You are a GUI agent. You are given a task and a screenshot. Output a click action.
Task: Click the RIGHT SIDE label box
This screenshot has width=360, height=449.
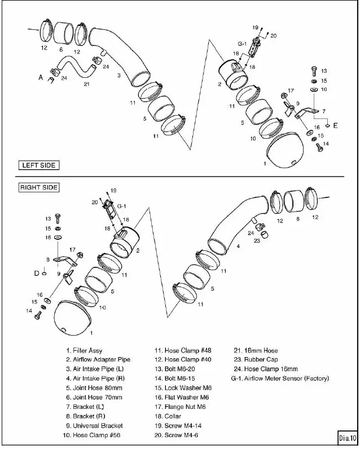[x=39, y=187]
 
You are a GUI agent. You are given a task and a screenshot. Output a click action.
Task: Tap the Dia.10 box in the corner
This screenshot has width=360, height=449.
[x=347, y=437]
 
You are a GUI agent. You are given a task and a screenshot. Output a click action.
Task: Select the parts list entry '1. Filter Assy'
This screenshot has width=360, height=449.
[x=84, y=350]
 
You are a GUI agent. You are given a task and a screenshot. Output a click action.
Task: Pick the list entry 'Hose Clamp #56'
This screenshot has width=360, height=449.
[x=93, y=435]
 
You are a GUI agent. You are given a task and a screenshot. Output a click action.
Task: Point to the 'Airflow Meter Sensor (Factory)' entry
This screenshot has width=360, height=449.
[x=280, y=378]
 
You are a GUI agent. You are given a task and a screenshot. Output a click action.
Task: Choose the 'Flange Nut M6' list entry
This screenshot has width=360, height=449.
[x=181, y=407]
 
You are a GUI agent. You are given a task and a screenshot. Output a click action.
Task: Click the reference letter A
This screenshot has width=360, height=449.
[x=41, y=78]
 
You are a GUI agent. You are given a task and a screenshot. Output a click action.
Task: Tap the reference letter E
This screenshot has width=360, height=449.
[x=336, y=125]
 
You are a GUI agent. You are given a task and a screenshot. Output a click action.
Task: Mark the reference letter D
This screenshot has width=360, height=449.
[x=36, y=273]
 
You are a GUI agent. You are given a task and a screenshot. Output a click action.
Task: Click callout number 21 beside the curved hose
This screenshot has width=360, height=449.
[x=86, y=85]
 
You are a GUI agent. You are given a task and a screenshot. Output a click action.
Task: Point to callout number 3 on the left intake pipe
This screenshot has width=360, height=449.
[x=119, y=74]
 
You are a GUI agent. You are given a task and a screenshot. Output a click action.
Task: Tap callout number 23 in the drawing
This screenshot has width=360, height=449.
[x=257, y=240]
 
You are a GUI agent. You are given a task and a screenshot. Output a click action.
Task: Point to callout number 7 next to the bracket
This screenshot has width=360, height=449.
[x=323, y=112]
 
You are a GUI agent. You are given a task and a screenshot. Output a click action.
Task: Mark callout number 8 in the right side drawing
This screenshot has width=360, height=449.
[x=48, y=259]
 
